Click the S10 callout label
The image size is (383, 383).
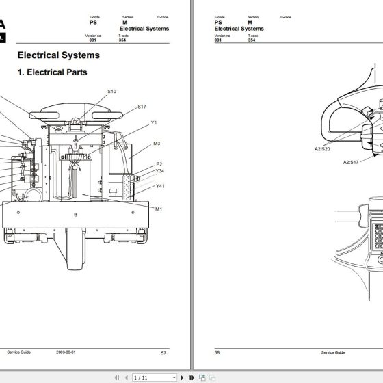(x=111, y=91)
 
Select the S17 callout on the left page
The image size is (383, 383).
(x=142, y=107)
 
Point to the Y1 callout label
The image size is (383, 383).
(x=155, y=122)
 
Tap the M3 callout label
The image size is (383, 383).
(x=157, y=144)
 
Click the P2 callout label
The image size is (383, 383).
(x=159, y=164)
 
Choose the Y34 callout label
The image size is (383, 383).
(x=160, y=172)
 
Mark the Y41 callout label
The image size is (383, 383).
(x=160, y=186)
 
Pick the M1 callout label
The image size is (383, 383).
(x=159, y=209)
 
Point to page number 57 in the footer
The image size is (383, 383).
(x=163, y=352)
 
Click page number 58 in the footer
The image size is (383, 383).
(x=218, y=352)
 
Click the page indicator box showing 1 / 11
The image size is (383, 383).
(x=140, y=377)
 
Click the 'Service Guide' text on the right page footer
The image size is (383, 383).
(x=332, y=352)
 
